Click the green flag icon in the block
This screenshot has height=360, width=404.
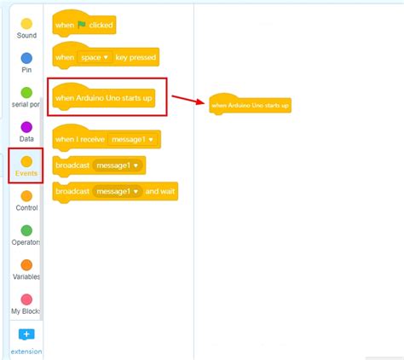click(x=82, y=25)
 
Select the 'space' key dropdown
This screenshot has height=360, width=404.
click(x=95, y=57)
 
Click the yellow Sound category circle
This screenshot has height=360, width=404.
click(x=26, y=24)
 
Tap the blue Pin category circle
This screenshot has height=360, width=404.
click(x=26, y=58)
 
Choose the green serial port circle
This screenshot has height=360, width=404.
click(x=26, y=93)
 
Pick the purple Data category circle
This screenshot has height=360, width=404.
click(x=26, y=127)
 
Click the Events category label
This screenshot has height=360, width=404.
click(x=26, y=173)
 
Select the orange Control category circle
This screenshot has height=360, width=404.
click(x=26, y=196)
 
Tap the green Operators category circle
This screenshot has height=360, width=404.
click(x=26, y=230)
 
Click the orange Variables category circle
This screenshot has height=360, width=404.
click(x=26, y=265)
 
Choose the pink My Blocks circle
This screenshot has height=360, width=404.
click(x=26, y=299)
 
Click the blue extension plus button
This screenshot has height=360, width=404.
click(x=26, y=334)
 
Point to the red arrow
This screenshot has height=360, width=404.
click(x=188, y=100)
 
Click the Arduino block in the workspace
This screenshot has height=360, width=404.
click(x=250, y=105)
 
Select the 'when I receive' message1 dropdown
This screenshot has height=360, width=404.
click(x=132, y=139)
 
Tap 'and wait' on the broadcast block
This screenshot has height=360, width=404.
click(x=160, y=191)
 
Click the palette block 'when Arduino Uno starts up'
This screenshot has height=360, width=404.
click(x=104, y=97)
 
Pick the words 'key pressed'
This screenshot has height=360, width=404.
click(x=136, y=57)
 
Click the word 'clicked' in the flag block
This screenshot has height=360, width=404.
click(x=101, y=25)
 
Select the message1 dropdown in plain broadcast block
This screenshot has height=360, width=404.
click(x=117, y=165)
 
